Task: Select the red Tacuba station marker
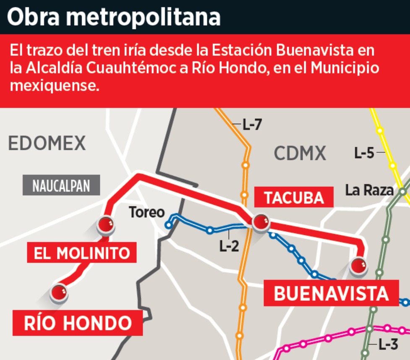pos(261,221)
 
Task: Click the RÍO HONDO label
pos(78,323)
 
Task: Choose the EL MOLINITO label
pos(82,253)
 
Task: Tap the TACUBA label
pos(294,197)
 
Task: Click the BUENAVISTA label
pos(331,294)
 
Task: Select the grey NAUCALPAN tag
pos(61,185)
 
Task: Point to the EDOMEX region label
pos(47,143)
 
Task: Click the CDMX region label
pos(300,154)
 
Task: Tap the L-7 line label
pos(253,125)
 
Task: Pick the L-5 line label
pos(364,153)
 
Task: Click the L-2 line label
pos(229,245)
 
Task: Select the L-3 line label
pos(387,345)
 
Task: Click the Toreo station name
pos(147,212)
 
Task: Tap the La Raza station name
pos(369,190)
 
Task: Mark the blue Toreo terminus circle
pos(169,225)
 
